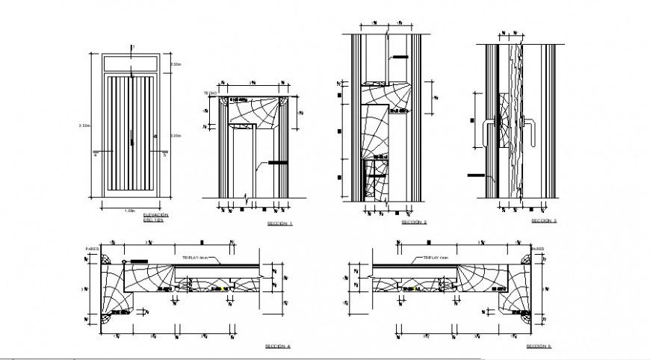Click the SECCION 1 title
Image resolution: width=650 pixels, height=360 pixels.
click(280, 223)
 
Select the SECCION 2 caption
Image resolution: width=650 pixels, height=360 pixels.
click(414, 223)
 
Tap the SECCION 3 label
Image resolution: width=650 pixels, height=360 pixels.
click(543, 221)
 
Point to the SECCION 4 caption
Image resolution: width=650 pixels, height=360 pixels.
click(278, 347)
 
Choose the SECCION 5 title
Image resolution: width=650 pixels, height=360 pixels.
click(538, 347)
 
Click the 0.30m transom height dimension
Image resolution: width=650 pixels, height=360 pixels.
click(174, 66)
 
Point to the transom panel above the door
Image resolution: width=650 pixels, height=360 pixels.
click(131, 64)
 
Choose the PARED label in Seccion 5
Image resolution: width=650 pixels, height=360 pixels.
click(537, 249)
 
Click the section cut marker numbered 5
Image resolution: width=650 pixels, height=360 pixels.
click(164, 156)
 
